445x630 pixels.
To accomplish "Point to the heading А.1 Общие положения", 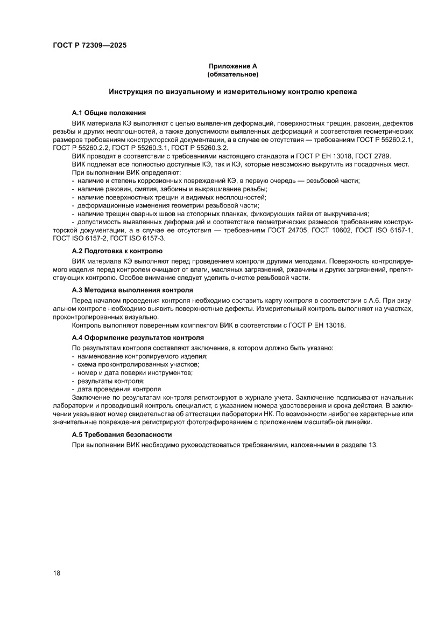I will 109,113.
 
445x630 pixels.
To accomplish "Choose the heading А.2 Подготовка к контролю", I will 117,251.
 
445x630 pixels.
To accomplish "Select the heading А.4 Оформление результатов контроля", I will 138,337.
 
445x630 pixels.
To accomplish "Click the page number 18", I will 56,572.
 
